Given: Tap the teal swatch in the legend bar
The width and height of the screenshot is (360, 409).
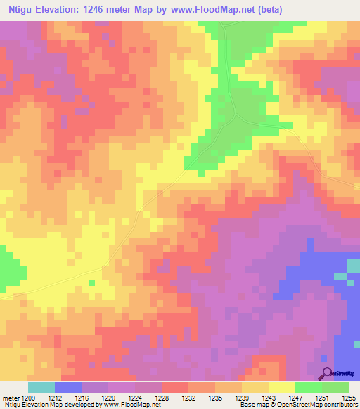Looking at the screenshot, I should click(x=41, y=387).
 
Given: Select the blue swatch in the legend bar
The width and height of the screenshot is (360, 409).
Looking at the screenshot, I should click(x=68, y=387).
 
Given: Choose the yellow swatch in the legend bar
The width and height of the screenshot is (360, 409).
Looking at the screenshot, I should click(x=282, y=387).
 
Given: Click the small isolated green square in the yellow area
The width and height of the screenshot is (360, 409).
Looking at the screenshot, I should click(x=91, y=283).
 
